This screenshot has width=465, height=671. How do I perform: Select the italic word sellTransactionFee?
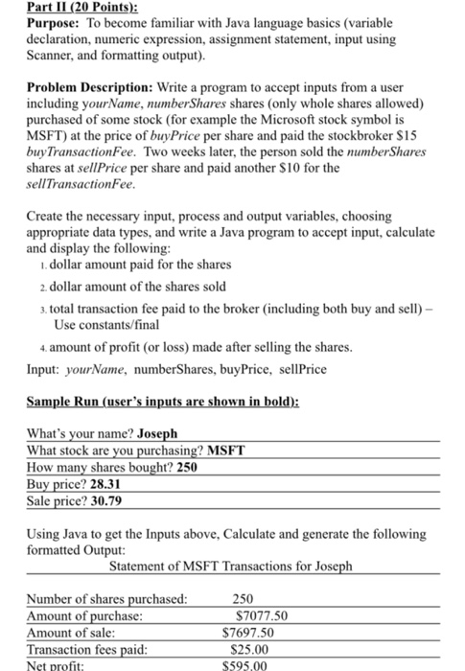click(x=80, y=186)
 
